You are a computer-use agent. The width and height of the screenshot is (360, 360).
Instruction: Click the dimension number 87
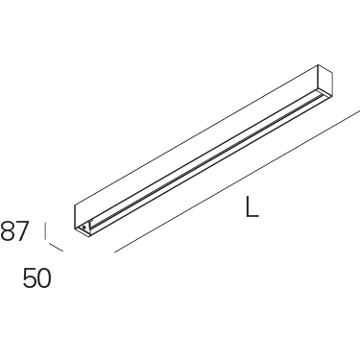pos(14,231)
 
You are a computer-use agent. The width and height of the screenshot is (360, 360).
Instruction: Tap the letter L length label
pos(252,206)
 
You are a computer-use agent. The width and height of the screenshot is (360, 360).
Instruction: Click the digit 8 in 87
pos(8,231)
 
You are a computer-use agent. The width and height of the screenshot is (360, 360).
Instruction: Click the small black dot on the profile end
pos(84,227)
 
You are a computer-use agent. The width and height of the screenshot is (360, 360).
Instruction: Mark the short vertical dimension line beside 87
pos(45,231)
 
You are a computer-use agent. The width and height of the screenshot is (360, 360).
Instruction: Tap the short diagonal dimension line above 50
pos(56,248)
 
